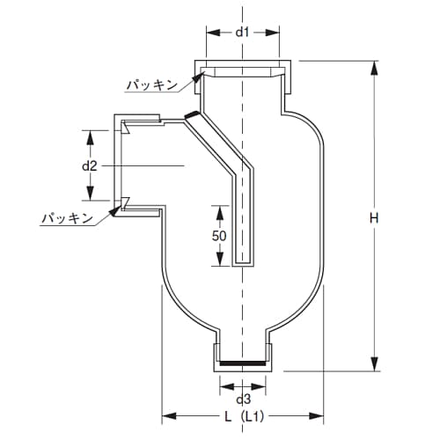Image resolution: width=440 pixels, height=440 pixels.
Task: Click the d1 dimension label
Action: point(244,33)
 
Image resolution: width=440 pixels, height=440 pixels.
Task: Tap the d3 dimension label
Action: point(243,399)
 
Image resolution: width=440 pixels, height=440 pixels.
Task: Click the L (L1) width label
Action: point(243,416)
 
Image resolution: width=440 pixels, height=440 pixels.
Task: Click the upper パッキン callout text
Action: point(151,84)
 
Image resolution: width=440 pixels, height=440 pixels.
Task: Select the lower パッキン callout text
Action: point(67,216)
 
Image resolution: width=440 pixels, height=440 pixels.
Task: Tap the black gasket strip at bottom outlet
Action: point(243,361)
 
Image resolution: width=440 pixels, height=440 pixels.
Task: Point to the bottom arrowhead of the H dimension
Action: point(376,368)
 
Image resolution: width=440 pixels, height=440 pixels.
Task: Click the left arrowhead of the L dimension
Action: point(165,415)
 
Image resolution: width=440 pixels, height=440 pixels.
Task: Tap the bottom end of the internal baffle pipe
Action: point(243,263)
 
